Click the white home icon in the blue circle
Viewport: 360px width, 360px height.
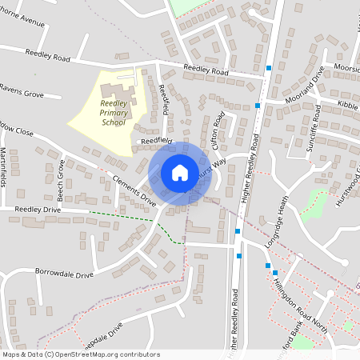click(180, 172)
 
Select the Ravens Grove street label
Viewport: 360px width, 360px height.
click(22, 90)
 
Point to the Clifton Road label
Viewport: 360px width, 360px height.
click(217, 130)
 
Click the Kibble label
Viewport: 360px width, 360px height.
click(348, 106)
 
